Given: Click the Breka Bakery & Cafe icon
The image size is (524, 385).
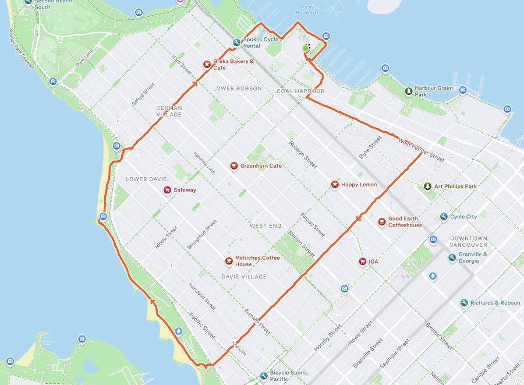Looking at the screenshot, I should tap(206, 65).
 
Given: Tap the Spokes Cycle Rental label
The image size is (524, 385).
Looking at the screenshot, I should tap(260, 43).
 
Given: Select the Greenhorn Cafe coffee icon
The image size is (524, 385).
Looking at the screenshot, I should tap(233, 166).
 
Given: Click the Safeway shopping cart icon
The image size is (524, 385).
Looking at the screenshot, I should tap(167, 190).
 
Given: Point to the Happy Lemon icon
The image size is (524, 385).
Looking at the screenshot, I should tap(335, 185).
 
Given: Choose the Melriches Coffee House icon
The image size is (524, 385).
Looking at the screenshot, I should tap(229, 261).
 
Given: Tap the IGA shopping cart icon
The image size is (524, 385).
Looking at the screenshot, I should tap(362, 262).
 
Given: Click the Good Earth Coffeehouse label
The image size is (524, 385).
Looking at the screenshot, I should tap(405, 222).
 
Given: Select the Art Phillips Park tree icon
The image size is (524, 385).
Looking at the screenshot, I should tap(428, 186).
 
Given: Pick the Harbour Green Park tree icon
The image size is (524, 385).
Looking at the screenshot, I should tap(408, 91).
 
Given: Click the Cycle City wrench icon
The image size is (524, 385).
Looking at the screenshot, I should tap(444, 217).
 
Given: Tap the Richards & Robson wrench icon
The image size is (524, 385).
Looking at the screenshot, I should tap(463, 303).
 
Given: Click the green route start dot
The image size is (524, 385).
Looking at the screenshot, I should tap(306, 48).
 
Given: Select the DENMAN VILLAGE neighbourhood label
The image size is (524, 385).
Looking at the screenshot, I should tap(169, 111).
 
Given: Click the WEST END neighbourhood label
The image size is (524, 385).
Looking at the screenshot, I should tap(265, 225).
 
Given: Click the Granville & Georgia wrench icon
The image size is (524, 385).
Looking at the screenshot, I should tap(452, 257).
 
